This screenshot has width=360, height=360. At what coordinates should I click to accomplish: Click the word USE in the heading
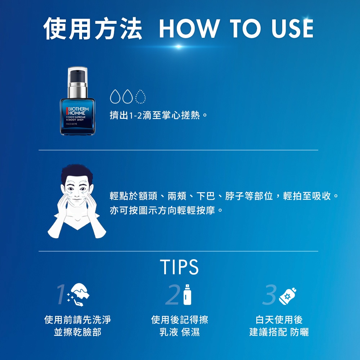tap(292, 28)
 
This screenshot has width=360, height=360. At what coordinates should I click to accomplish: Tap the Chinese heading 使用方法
tap(93, 28)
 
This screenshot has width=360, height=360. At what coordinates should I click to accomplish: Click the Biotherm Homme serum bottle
tap(77, 101)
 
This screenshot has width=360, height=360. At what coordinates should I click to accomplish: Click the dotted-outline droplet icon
tap(140, 96)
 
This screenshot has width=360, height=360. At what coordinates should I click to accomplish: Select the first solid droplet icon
tap(115, 96)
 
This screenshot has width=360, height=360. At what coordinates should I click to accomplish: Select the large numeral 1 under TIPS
tap(62, 294)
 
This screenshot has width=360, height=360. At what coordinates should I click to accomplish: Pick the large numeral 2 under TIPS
tap(172, 294)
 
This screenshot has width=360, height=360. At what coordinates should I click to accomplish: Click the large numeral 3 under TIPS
tap(270, 294)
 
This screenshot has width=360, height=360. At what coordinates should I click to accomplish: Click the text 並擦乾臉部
tap(77, 332)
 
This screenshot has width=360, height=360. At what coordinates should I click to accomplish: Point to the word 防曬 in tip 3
tap(300, 332)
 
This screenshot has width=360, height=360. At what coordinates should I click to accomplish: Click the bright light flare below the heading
tap(179, 46)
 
